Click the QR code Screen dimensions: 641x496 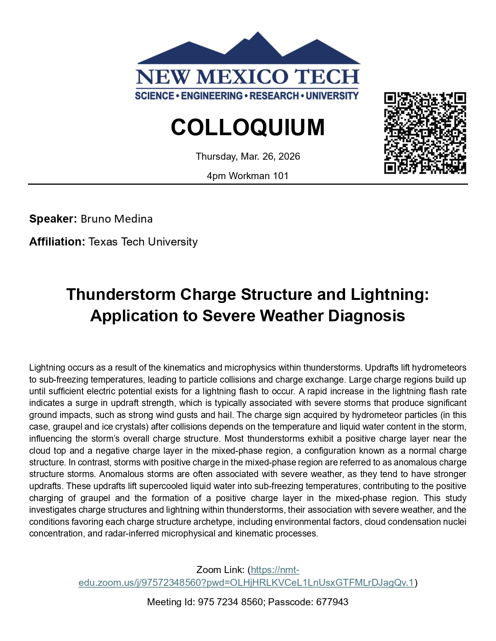425,133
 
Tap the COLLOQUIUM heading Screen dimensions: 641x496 247,127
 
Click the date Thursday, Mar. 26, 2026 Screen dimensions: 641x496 248,157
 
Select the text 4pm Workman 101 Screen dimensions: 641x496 248,176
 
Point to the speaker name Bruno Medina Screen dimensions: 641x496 117,219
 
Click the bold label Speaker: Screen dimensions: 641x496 53,219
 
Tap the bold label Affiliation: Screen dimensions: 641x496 57,242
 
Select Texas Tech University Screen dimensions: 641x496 143,242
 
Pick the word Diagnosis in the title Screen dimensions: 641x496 366,316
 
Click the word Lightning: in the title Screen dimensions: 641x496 390,294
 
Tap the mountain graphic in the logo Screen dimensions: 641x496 249,50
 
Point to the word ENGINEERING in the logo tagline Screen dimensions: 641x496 212,96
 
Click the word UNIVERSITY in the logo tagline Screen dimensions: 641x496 332,96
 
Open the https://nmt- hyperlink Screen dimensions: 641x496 275,570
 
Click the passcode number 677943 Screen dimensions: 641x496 332,602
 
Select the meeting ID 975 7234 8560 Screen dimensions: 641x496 230,602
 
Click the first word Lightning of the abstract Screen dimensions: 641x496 47,368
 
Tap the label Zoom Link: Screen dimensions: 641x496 220,570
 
